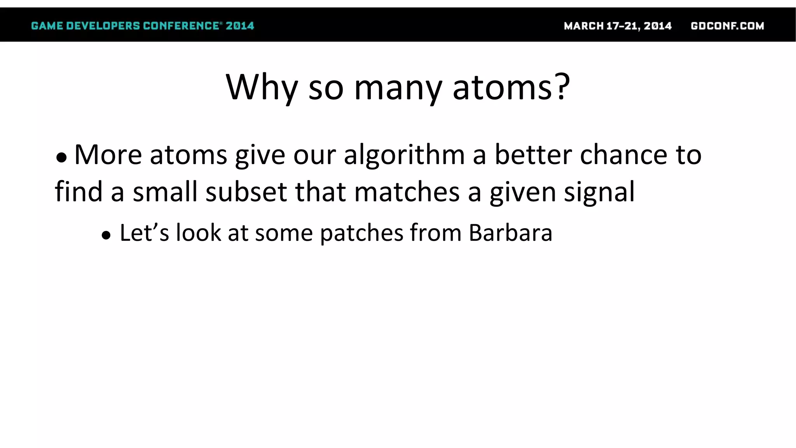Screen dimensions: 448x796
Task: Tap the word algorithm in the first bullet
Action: (x=404, y=156)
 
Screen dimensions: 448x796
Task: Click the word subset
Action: (x=246, y=192)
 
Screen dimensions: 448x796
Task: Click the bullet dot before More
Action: (x=61, y=157)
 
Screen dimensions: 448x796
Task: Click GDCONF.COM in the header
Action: (x=727, y=26)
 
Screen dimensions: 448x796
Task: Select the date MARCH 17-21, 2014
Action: (x=618, y=26)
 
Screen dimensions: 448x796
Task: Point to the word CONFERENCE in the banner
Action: (x=181, y=26)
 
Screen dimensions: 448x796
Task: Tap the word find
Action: (x=79, y=192)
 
